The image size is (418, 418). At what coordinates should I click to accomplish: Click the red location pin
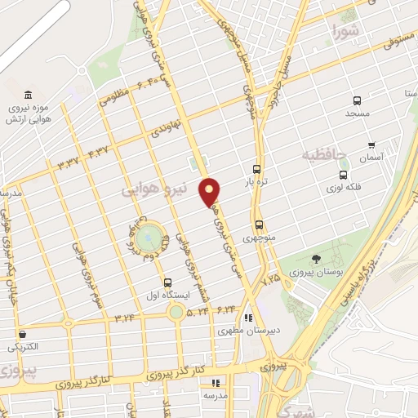[x=210, y=191]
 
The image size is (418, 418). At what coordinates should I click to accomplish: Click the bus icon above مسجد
[x=356, y=101]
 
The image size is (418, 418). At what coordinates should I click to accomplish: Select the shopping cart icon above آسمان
[x=371, y=145]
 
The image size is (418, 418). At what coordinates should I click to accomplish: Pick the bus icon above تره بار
[x=257, y=169]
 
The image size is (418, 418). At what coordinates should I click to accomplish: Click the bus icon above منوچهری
[x=259, y=225]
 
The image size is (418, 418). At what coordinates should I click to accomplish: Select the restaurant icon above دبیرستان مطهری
[x=248, y=318]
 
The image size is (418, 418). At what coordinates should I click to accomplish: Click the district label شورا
[x=345, y=33]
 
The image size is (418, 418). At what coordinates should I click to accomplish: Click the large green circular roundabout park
[x=148, y=238]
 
